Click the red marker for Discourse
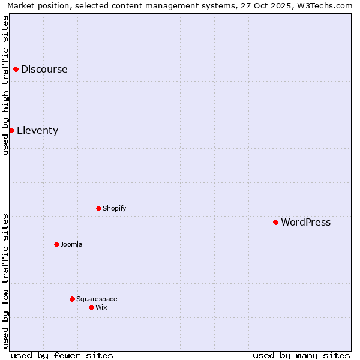tap(16, 69)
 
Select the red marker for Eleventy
tap(11, 130)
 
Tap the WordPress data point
tap(275, 222)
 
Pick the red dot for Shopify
tap(98, 208)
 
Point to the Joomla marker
tap(56, 244)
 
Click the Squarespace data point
tap(72, 299)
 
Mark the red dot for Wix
tap(91, 307)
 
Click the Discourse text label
tap(44, 69)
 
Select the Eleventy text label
tap(37, 131)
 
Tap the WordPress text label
tap(305, 223)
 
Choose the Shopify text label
tap(114, 208)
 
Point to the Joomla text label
tap(71, 244)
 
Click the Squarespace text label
tap(97, 299)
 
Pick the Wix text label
tap(101, 307)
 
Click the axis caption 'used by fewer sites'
tap(62, 355)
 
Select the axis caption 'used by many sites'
tap(301, 355)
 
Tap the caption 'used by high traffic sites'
tap(6, 85)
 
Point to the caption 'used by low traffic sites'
tap(6, 281)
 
